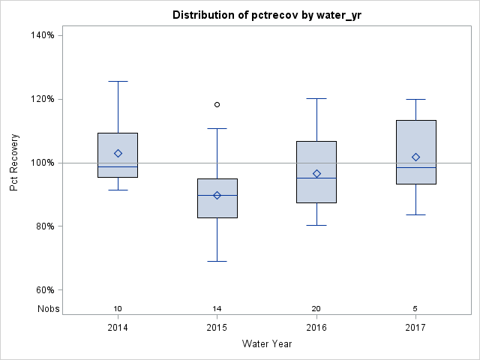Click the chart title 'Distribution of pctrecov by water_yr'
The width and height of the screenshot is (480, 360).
(x=265, y=15)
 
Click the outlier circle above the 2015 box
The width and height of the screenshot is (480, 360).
(x=217, y=105)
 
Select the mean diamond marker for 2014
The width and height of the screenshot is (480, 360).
(x=118, y=154)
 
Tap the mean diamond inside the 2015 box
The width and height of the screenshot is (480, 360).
(x=217, y=195)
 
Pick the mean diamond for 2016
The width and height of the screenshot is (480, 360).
(x=316, y=174)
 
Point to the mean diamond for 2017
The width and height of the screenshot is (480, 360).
(x=416, y=157)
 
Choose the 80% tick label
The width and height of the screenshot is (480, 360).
(x=44, y=226)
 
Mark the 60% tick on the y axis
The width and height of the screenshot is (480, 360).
(x=44, y=290)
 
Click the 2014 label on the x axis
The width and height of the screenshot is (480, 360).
(x=118, y=328)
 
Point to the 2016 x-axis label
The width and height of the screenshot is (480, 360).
(x=316, y=328)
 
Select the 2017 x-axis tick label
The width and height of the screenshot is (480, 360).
(x=416, y=328)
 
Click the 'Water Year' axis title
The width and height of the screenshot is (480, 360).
(x=266, y=344)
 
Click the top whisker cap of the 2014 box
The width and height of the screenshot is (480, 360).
(x=118, y=81)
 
